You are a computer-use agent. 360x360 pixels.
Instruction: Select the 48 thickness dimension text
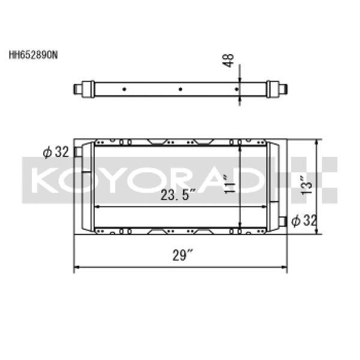point(228,61)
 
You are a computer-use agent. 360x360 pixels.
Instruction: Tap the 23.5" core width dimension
point(179,195)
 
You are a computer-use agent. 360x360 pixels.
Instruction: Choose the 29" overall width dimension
point(179,256)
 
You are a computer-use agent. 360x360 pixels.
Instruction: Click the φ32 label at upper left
point(56,152)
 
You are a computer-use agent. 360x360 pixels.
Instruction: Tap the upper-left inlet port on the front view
point(78,152)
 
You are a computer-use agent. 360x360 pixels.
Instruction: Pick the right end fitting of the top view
point(278,89)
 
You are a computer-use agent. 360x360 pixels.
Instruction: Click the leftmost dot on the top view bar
point(124,89)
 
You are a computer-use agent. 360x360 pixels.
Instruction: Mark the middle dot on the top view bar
point(180,89)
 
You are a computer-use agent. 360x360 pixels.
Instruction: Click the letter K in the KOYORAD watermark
point(42,179)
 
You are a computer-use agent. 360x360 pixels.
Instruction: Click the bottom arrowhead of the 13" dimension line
point(317,233)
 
